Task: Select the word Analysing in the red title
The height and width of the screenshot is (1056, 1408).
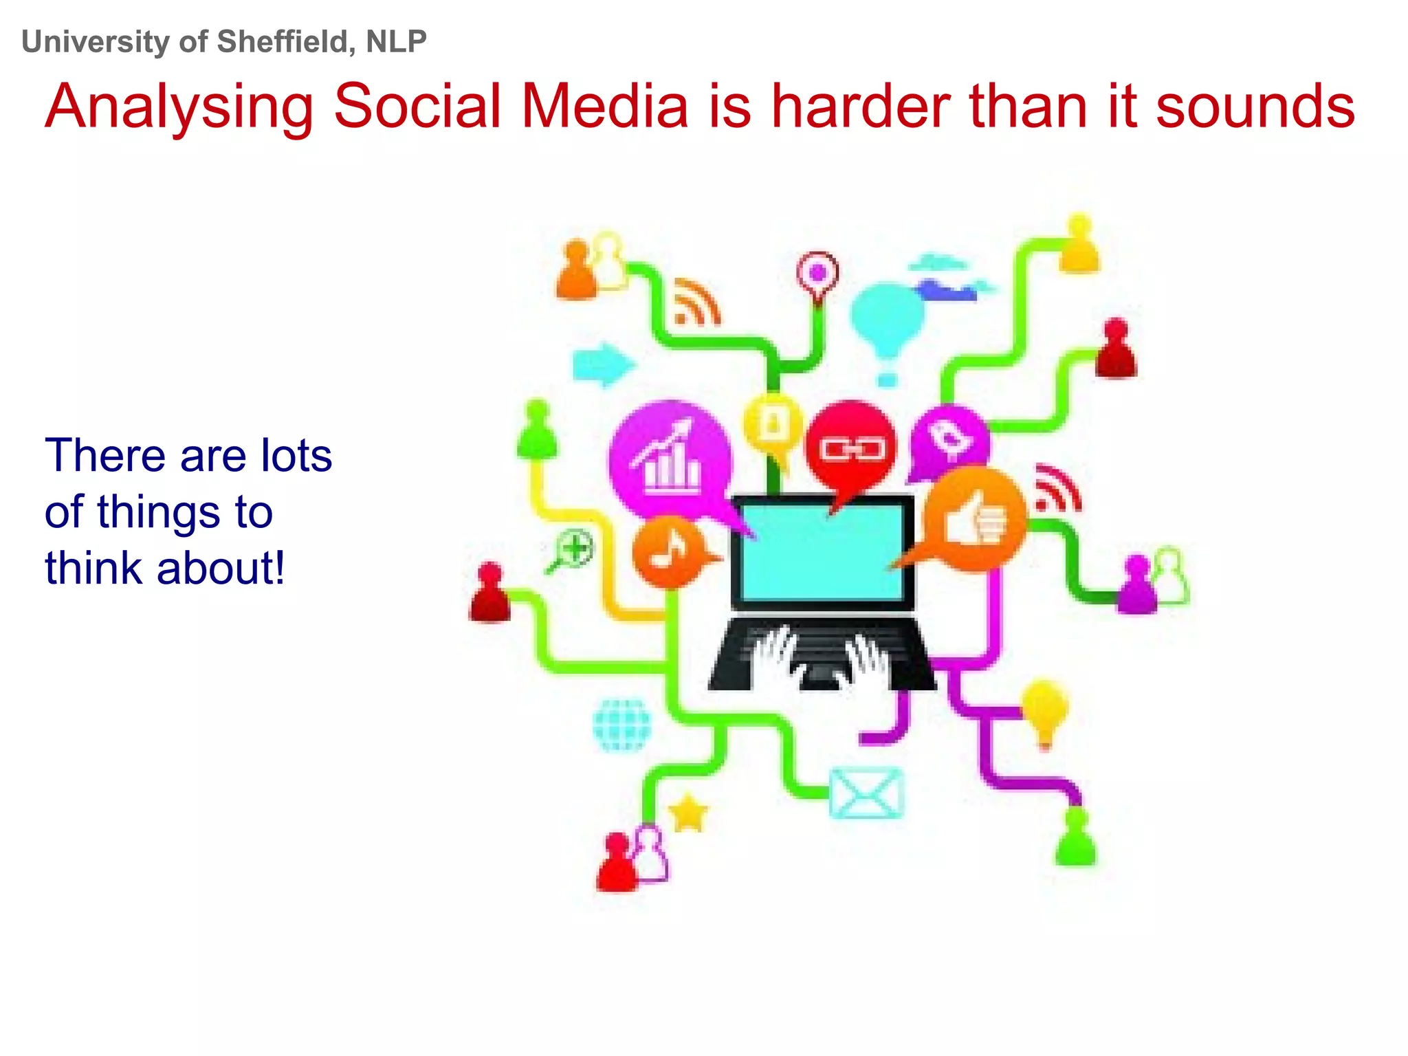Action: [x=179, y=107]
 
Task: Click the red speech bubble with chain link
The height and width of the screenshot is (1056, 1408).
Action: [x=851, y=447]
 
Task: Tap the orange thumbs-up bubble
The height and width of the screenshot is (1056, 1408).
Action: [x=976, y=520]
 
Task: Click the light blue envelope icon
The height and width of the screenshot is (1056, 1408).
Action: [x=866, y=793]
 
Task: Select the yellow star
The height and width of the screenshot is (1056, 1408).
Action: [x=688, y=814]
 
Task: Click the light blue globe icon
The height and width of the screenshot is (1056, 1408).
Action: [x=621, y=725]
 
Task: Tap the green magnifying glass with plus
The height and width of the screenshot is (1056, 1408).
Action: [x=573, y=550]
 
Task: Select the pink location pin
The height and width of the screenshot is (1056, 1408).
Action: [x=817, y=274]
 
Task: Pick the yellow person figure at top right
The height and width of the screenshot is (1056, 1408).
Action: [x=1079, y=245]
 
